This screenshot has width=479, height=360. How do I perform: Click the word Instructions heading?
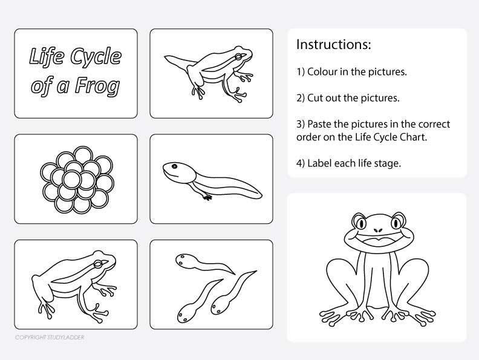pyautogui.click(x=333, y=45)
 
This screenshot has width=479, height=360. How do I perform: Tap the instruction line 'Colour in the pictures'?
pyautogui.click(x=351, y=71)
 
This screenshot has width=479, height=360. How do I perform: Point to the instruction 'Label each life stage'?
pyautogui.click(x=348, y=163)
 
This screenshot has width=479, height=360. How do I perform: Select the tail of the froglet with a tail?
pyautogui.click(x=177, y=62)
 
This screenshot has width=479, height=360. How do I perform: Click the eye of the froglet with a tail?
pyautogui.click(x=240, y=57)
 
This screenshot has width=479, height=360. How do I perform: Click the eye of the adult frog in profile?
pyautogui.click(x=103, y=262)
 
